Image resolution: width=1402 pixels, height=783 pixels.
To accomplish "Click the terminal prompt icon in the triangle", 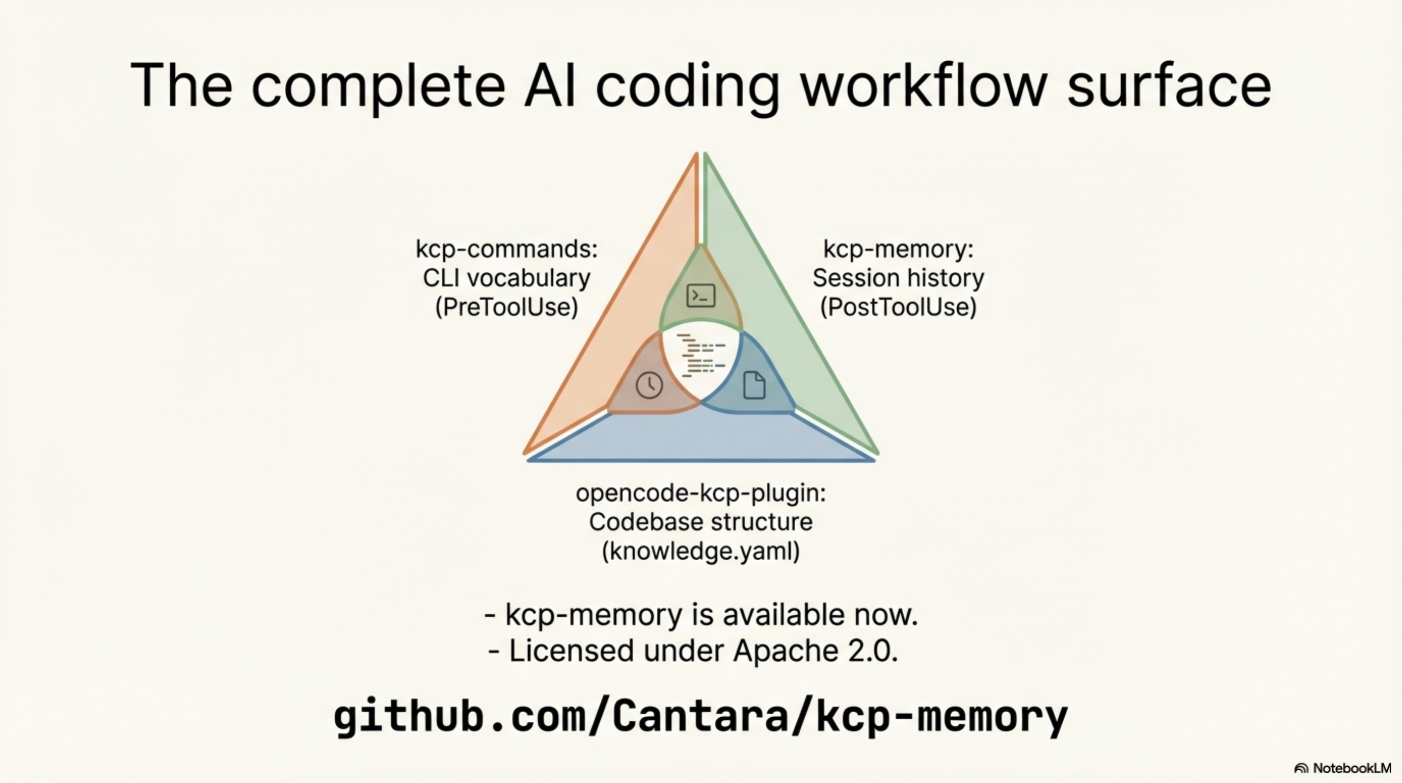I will tap(700, 296).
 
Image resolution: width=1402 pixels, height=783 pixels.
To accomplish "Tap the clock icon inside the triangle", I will tap(649, 385).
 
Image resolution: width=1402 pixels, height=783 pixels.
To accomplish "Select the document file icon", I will tap(754, 385).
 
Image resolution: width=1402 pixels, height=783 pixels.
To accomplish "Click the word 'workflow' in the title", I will tap(924, 86).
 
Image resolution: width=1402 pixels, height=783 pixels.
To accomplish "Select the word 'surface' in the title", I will tap(1169, 86).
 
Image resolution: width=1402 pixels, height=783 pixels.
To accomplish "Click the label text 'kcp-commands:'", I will tap(506, 249).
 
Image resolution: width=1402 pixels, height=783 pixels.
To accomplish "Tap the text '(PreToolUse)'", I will tap(506, 307).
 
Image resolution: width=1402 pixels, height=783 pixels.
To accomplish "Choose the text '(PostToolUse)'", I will tap(898, 307).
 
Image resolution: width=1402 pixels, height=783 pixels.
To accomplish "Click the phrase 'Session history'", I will tap(898, 278).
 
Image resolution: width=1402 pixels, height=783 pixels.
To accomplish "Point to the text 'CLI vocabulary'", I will tap(506, 278).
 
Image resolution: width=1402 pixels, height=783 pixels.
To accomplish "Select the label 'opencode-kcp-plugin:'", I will tap(700, 493).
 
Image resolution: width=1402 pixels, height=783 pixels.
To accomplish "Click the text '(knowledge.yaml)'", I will tap(700, 551).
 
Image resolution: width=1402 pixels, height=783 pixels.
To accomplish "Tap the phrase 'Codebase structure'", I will tap(700, 521).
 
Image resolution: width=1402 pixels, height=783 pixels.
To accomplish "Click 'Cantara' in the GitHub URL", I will tap(700, 716).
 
